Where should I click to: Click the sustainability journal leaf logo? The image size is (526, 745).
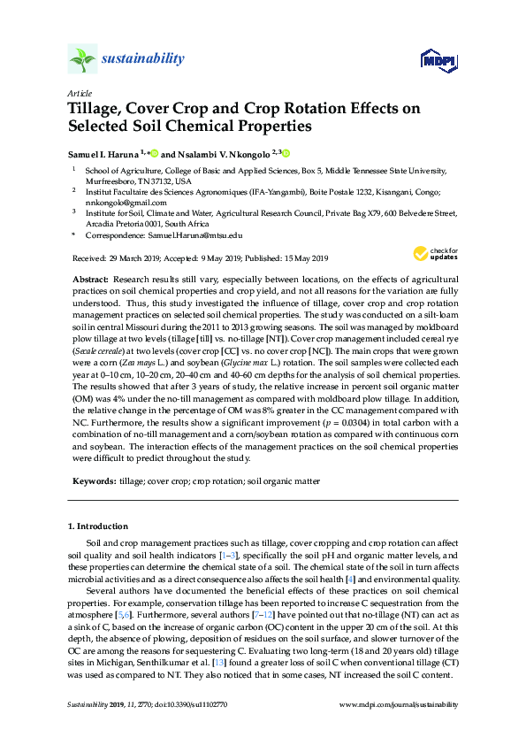[x=82, y=60]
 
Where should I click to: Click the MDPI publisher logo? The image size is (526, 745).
[x=431, y=60]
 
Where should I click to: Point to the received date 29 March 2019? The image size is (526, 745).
[x=131, y=258]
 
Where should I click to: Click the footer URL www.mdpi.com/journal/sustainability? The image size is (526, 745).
[x=398, y=704]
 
